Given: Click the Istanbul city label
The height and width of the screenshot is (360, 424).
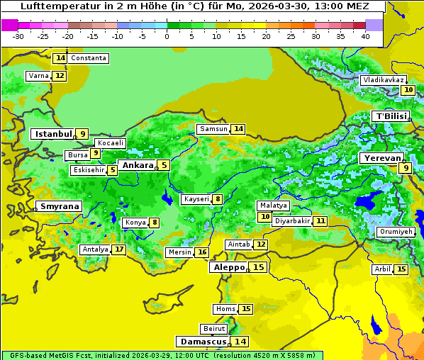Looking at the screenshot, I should click(53, 133).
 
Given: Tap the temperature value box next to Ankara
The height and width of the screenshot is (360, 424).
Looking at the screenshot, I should click(164, 165).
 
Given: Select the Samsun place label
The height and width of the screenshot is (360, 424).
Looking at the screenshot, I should click(213, 129).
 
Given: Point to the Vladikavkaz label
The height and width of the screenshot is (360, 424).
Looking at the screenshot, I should click(384, 80).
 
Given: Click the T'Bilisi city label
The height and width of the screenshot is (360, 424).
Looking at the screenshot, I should click(391, 116).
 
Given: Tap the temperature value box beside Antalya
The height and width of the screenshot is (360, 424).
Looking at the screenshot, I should click(119, 249).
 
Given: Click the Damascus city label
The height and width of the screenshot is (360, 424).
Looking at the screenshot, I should click(203, 342).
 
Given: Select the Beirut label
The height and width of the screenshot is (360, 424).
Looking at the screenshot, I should click(214, 329).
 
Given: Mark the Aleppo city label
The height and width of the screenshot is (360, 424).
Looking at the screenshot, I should click(228, 267).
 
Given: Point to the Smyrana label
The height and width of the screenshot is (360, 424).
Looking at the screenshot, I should click(60, 206).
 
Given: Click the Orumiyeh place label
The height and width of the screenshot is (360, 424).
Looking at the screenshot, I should click(395, 232).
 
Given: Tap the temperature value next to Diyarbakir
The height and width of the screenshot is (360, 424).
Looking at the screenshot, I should click(320, 221).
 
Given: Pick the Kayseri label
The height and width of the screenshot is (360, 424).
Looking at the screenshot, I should click(196, 199).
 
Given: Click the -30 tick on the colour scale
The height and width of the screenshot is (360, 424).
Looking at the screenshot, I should click(18, 36).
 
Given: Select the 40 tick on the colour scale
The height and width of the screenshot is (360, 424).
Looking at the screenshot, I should click(365, 36).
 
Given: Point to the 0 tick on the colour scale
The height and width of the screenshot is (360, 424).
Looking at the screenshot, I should click(167, 36).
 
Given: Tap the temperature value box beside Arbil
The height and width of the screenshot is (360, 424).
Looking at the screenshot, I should click(401, 269).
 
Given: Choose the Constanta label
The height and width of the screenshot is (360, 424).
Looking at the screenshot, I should click(89, 58).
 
